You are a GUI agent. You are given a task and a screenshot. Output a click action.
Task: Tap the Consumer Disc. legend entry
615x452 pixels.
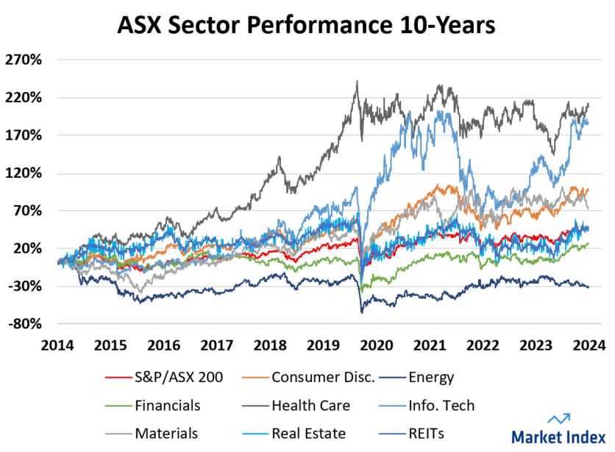pyautogui.click(x=322, y=378)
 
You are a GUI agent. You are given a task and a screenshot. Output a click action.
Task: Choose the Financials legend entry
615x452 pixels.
pyautogui.click(x=167, y=405)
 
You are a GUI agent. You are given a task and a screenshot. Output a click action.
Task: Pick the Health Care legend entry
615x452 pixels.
pyautogui.click(x=310, y=405)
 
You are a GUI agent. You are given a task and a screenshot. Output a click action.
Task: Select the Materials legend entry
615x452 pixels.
pyautogui.click(x=166, y=433)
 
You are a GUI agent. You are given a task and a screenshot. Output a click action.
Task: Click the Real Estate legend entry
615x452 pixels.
pyautogui.click(x=308, y=433)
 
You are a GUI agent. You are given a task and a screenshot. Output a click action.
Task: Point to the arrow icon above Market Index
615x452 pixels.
pyautogui.click(x=561, y=419)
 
